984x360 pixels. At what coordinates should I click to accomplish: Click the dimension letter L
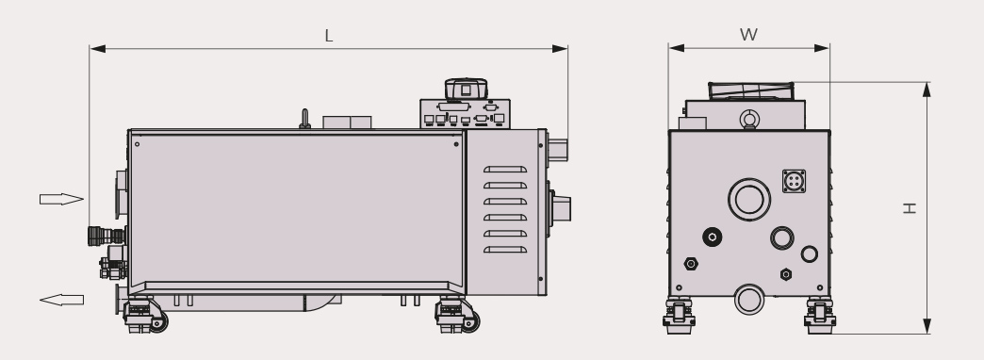[x=328, y=36]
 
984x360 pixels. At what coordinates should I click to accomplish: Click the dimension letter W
[x=748, y=35]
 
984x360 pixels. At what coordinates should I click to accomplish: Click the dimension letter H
[x=910, y=208]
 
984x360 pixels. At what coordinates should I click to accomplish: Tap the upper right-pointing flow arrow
[x=61, y=200]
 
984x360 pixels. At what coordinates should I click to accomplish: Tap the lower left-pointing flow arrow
[x=61, y=300]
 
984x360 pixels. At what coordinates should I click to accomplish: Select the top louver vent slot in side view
[x=505, y=170]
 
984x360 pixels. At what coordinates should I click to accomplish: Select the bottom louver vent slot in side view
[x=505, y=250]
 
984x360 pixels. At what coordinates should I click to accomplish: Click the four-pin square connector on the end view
[x=794, y=181]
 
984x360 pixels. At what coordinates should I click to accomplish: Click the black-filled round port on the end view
[x=713, y=237]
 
